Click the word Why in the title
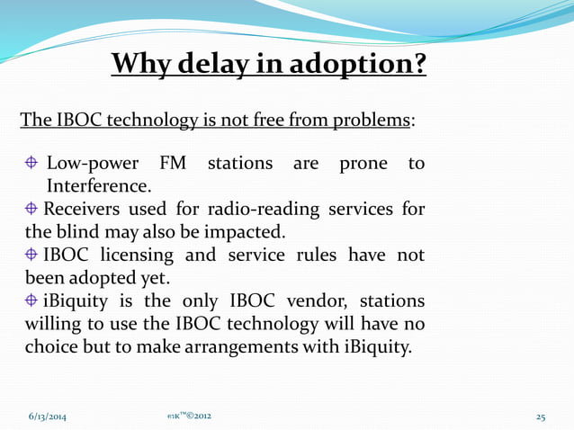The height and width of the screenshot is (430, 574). (143, 65)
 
